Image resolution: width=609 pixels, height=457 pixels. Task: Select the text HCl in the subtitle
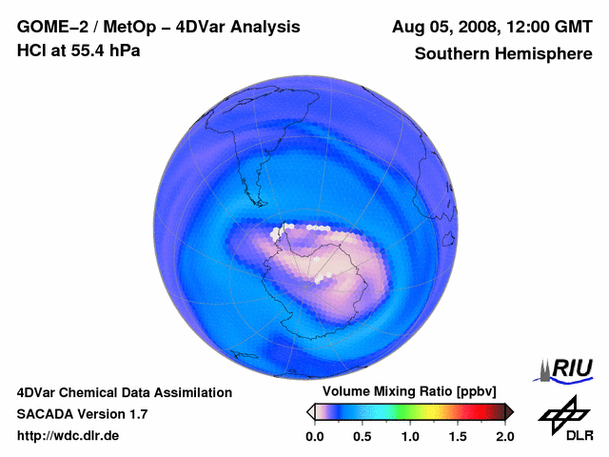tap(31, 50)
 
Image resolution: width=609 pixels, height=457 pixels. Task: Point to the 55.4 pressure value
tap(86, 50)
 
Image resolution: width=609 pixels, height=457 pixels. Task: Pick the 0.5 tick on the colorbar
tap(362, 436)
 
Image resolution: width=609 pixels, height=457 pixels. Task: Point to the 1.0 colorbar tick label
tap(409, 436)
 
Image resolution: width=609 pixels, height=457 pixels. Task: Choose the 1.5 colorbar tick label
tap(458, 436)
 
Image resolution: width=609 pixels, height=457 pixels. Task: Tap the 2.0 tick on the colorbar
tap(504, 436)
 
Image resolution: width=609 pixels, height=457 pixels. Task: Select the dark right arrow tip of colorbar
tap(509, 411)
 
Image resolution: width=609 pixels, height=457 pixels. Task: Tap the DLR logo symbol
tap(561, 412)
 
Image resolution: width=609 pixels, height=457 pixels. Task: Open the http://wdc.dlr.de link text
tap(69, 436)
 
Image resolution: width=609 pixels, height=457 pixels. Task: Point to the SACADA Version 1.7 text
tap(82, 414)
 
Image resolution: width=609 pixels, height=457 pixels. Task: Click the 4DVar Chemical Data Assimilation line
tap(125, 392)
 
